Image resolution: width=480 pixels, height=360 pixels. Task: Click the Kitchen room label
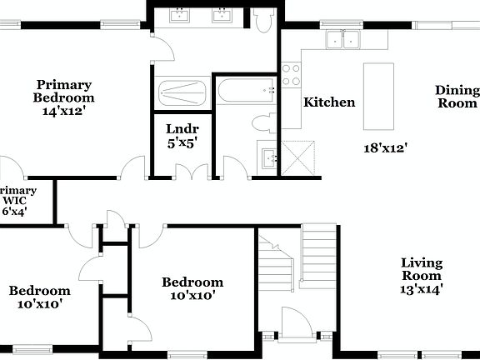(328, 102)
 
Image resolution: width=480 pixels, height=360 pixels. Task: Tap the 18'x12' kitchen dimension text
(385, 149)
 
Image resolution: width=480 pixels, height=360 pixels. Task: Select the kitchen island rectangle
(380, 95)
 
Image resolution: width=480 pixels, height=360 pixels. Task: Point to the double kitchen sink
(341, 38)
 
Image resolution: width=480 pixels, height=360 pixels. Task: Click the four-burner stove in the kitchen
(291, 75)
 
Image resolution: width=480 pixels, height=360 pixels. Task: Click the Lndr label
(182, 129)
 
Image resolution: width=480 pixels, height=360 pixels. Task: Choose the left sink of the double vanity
(181, 15)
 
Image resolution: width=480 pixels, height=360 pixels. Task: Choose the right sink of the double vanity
(222, 15)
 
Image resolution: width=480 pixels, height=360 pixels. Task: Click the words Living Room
(422, 269)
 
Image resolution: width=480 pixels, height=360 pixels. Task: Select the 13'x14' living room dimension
(422, 289)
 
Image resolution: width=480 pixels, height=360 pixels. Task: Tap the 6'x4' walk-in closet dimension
(14, 212)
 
